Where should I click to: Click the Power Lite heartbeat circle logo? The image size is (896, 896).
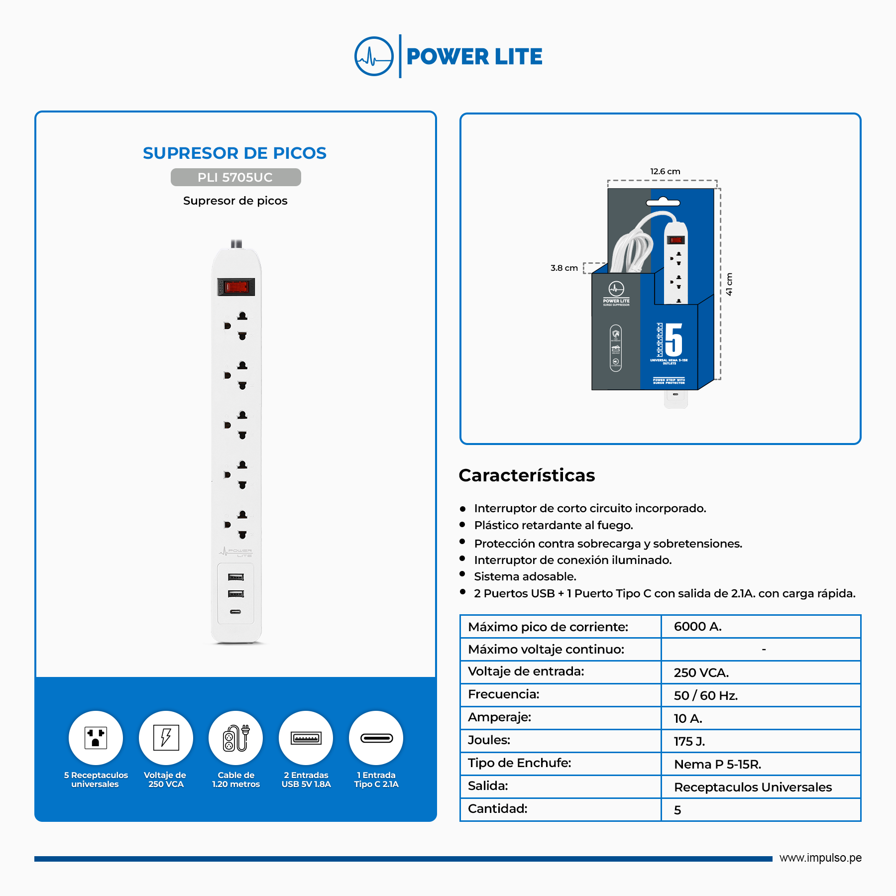point(374,56)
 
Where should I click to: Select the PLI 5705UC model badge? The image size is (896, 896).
point(235,177)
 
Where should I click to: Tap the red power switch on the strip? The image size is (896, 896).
point(236,287)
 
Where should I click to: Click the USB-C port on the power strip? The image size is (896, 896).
point(235,612)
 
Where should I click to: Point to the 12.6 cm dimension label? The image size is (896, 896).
point(665,171)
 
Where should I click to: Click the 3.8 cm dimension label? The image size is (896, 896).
point(564,268)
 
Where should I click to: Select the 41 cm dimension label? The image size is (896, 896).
point(729,284)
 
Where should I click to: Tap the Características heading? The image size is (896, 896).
point(527,475)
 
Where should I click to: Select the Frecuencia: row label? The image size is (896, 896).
point(504,694)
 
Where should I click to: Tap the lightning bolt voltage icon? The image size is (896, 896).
point(166,738)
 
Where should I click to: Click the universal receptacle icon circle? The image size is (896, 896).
point(96,738)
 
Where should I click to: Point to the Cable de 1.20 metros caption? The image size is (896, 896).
point(236,780)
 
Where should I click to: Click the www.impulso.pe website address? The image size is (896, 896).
point(820,858)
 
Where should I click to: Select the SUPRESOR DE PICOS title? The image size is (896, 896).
point(234,153)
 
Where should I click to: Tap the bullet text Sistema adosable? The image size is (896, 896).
point(525,576)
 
